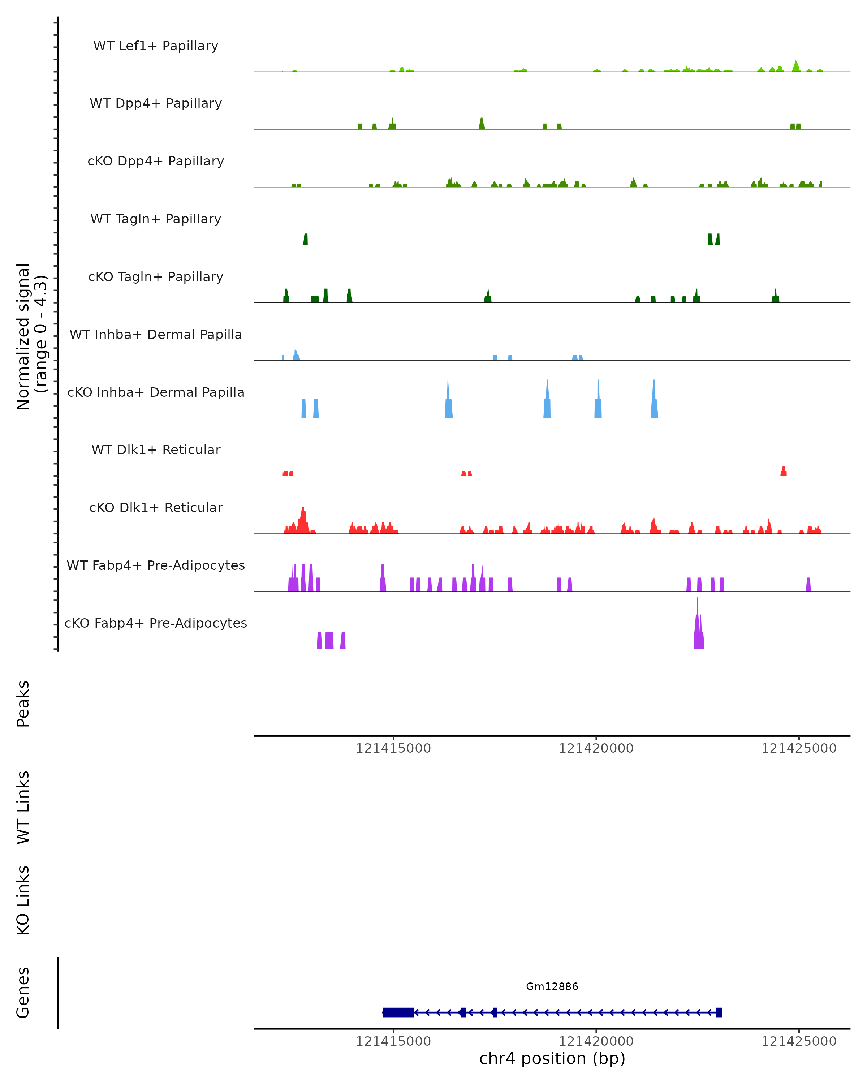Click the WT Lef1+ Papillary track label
coord(156,46)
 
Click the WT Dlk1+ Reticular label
coord(156,449)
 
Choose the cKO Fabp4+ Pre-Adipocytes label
coord(156,623)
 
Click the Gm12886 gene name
coord(552,986)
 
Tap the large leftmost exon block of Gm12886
coord(398,1012)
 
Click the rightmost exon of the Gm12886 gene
coord(719,1012)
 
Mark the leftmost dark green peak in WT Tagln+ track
coord(306,239)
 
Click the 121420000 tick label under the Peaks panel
coord(596,748)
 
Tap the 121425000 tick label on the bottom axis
coord(799,1041)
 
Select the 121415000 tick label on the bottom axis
coord(393,1041)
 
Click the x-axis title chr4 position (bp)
coord(552,1059)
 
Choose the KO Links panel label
coord(23,900)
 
